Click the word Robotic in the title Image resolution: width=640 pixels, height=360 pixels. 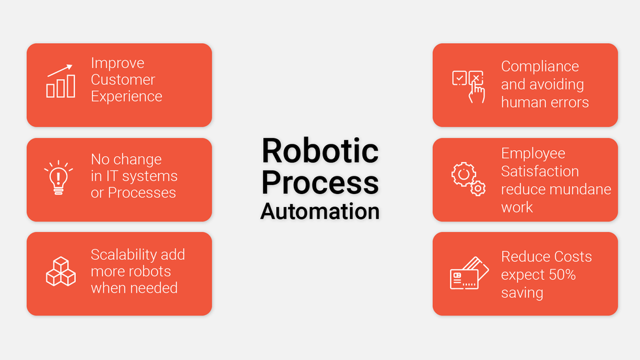pos(320,151)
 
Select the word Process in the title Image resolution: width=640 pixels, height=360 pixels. pos(320,182)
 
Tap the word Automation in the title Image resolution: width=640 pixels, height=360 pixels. pos(320,212)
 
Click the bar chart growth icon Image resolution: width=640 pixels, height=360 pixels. pos(60,81)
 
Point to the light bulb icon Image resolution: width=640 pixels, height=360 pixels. pos(59,178)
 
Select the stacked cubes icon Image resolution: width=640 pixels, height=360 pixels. pos(60,271)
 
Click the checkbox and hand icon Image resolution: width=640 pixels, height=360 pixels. pos(469,86)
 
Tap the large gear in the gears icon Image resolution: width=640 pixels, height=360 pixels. pos(463,174)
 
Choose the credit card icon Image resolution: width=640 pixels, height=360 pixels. pos(470,272)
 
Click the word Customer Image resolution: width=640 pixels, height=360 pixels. pos(123,80)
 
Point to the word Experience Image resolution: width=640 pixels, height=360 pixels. pos(127,96)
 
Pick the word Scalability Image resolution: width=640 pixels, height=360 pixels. pos(123,255)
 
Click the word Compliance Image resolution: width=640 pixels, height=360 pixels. pos(540,67)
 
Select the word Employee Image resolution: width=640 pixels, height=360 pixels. pos(533,154)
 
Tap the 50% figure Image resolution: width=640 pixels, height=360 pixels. pos(562,274)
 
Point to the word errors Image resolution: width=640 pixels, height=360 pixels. pos(569,103)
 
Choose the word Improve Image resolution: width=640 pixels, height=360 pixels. pos(118,63)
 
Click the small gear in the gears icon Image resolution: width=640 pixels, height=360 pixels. pos(477,189)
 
